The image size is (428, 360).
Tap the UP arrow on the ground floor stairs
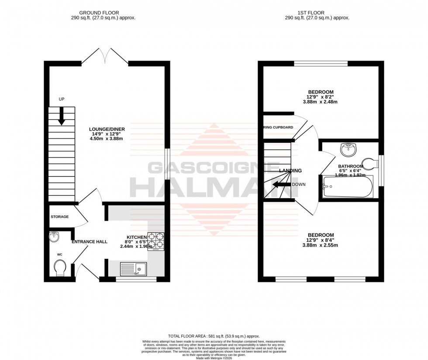62,116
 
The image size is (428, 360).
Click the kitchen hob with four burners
155,241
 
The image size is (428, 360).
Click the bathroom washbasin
349,150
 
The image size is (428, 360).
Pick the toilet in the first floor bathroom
371,164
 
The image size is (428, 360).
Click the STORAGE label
59,216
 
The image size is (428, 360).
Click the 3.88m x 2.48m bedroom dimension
320,102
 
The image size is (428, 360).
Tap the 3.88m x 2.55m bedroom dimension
320,245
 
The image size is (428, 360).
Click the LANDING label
290,171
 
